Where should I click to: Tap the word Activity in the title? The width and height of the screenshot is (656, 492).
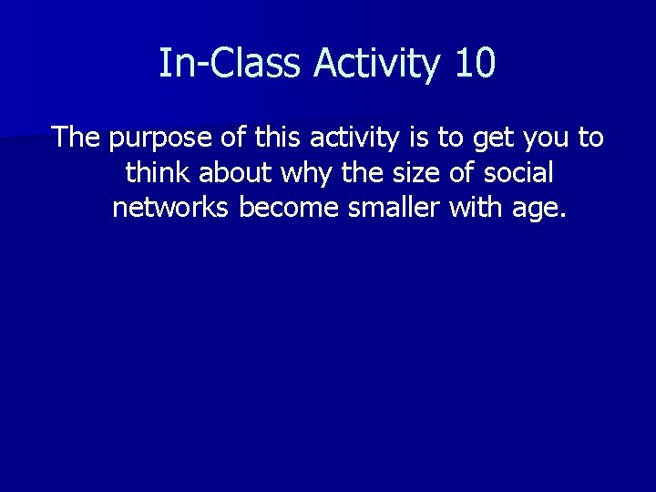click(375, 64)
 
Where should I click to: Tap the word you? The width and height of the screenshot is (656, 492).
click(547, 139)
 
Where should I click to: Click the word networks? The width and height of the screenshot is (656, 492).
click(171, 207)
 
